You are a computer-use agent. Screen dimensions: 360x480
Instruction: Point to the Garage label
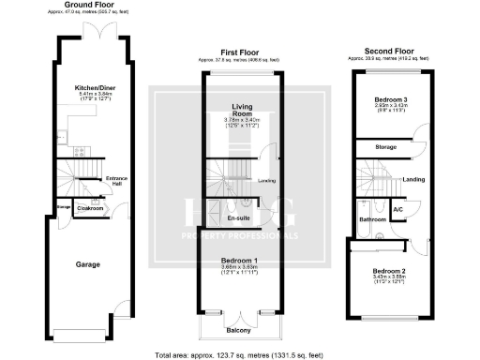point(88,264)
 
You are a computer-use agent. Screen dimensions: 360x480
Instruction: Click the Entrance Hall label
point(117,181)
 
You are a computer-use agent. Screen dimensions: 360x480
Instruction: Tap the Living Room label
point(242,112)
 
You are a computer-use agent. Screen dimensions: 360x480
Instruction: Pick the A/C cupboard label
point(397,208)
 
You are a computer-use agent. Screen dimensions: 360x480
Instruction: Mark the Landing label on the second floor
point(413,178)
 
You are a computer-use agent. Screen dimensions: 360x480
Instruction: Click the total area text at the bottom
point(240,354)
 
